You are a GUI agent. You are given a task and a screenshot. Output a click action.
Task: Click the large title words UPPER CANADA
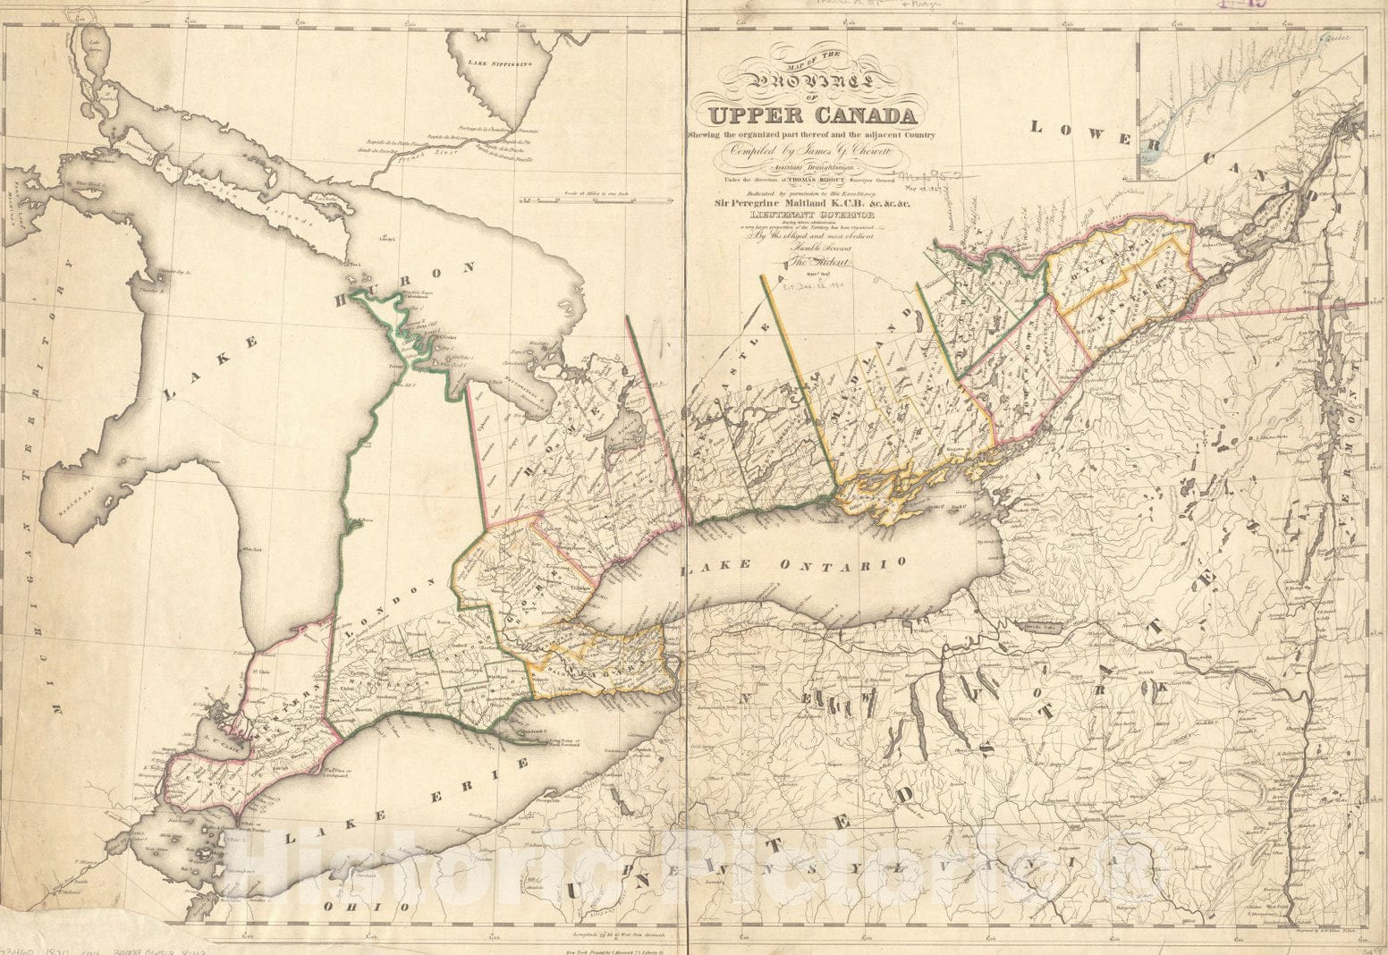pos(811,116)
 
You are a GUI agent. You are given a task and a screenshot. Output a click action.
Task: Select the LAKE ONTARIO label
pos(792,565)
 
